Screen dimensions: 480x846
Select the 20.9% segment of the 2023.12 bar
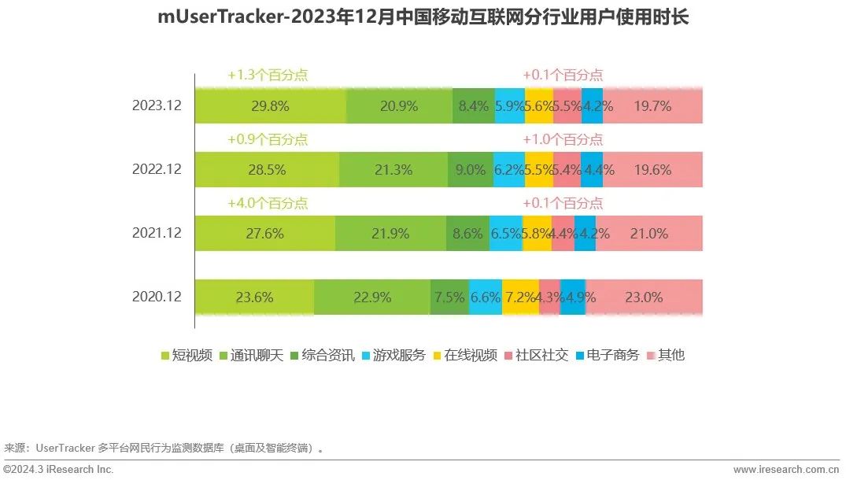coord(399,106)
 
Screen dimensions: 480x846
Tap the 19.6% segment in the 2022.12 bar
coord(652,169)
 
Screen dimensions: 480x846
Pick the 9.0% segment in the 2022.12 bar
coord(470,169)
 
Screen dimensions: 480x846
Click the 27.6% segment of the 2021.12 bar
coord(264,233)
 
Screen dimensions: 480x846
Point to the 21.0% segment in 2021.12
coord(649,233)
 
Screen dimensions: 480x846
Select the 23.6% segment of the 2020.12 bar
coord(254,297)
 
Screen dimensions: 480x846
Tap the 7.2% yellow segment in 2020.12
coord(520,297)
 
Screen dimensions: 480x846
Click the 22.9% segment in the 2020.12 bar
coord(372,297)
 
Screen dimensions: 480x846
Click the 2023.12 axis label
coord(157,105)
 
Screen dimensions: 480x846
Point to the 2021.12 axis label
coord(157,233)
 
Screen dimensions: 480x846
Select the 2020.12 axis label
coord(157,297)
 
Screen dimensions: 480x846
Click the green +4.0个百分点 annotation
coord(268,203)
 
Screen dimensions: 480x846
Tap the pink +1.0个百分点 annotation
coord(563,139)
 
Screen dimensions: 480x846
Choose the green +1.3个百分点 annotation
coord(268,76)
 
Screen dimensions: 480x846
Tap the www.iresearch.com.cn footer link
coord(785,470)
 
